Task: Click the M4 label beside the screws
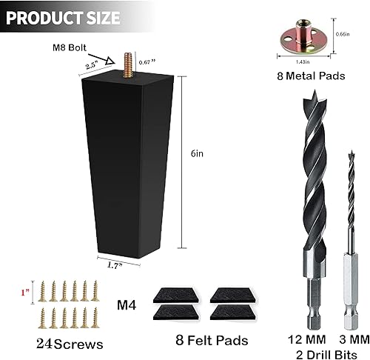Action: pos(128,303)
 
